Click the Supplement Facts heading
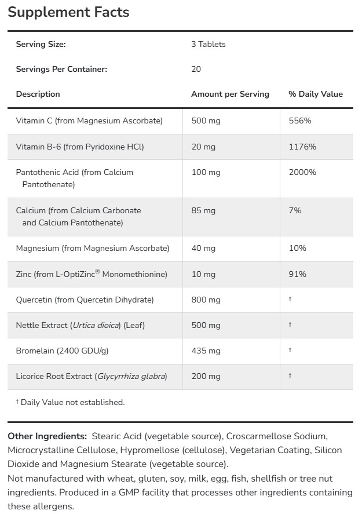pyautogui.click(x=68, y=12)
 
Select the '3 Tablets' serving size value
pyautogui.click(x=209, y=44)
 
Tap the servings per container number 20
pyautogui.click(x=196, y=69)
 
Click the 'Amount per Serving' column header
pyautogui.click(x=230, y=94)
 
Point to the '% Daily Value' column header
pyautogui.click(x=316, y=94)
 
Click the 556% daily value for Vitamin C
pyautogui.click(x=300, y=121)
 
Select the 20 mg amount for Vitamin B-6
pyautogui.click(x=203, y=147)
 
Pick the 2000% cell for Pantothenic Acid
pyautogui.click(x=302, y=172)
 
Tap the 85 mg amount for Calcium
pyautogui.click(x=203, y=210)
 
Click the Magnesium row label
pyautogui.click(x=93, y=248)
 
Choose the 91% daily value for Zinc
pyautogui.click(x=297, y=274)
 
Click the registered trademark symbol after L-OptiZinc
pyautogui.click(x=97, y=271)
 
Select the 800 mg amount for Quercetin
pyautogui.click(x=206, y=300)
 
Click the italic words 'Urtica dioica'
pyautogui.click(x=96, y=325)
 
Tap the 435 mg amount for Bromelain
pyautogui.click(x=206, y=351)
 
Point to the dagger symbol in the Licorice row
pyautogui.click(x=290, y=376)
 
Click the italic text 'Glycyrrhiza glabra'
pyautogui.click(x=131, y=376)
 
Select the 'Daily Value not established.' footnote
pyautogui.click(x=73, y=402)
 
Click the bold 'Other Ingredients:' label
pyautogui.click(x=47, y=436)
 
